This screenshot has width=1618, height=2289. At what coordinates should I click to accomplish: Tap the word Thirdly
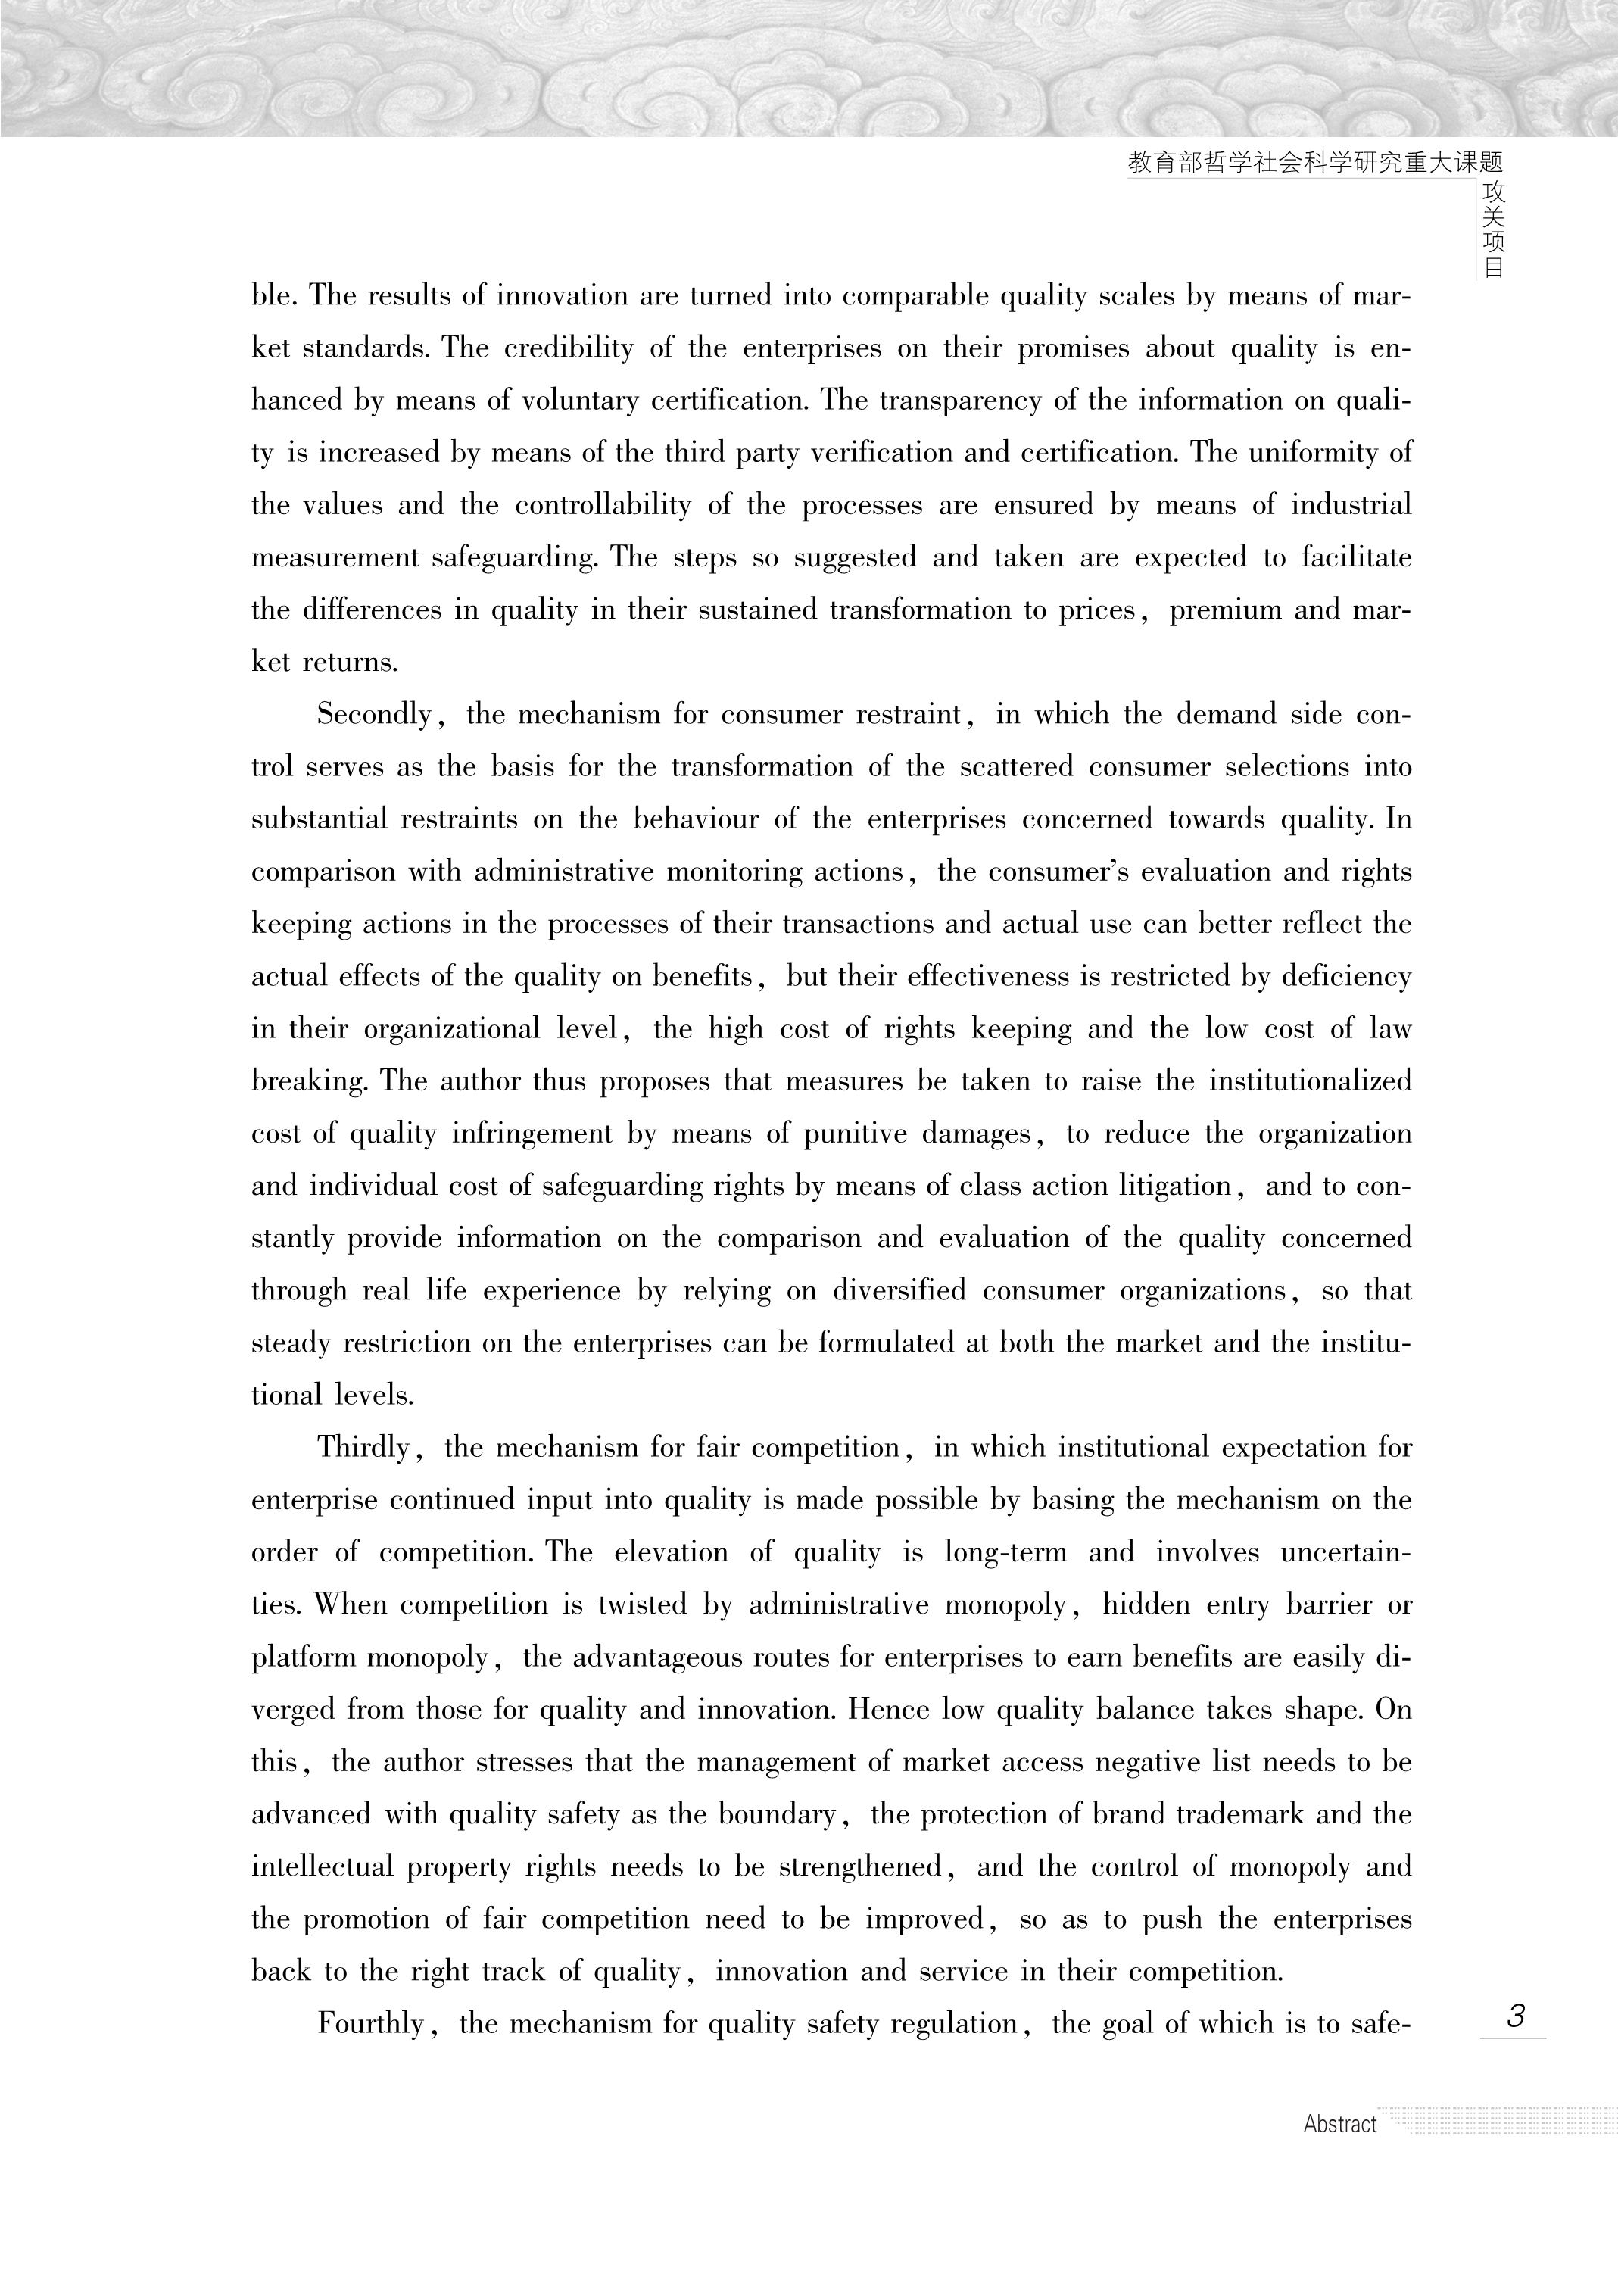[363, 1448]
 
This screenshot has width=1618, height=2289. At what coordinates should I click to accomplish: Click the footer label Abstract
[1340, 2125]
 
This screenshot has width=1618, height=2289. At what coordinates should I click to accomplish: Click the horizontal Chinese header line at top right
[1315, 163]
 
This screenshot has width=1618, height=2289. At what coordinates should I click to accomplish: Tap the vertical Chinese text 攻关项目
[1492, 229]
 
